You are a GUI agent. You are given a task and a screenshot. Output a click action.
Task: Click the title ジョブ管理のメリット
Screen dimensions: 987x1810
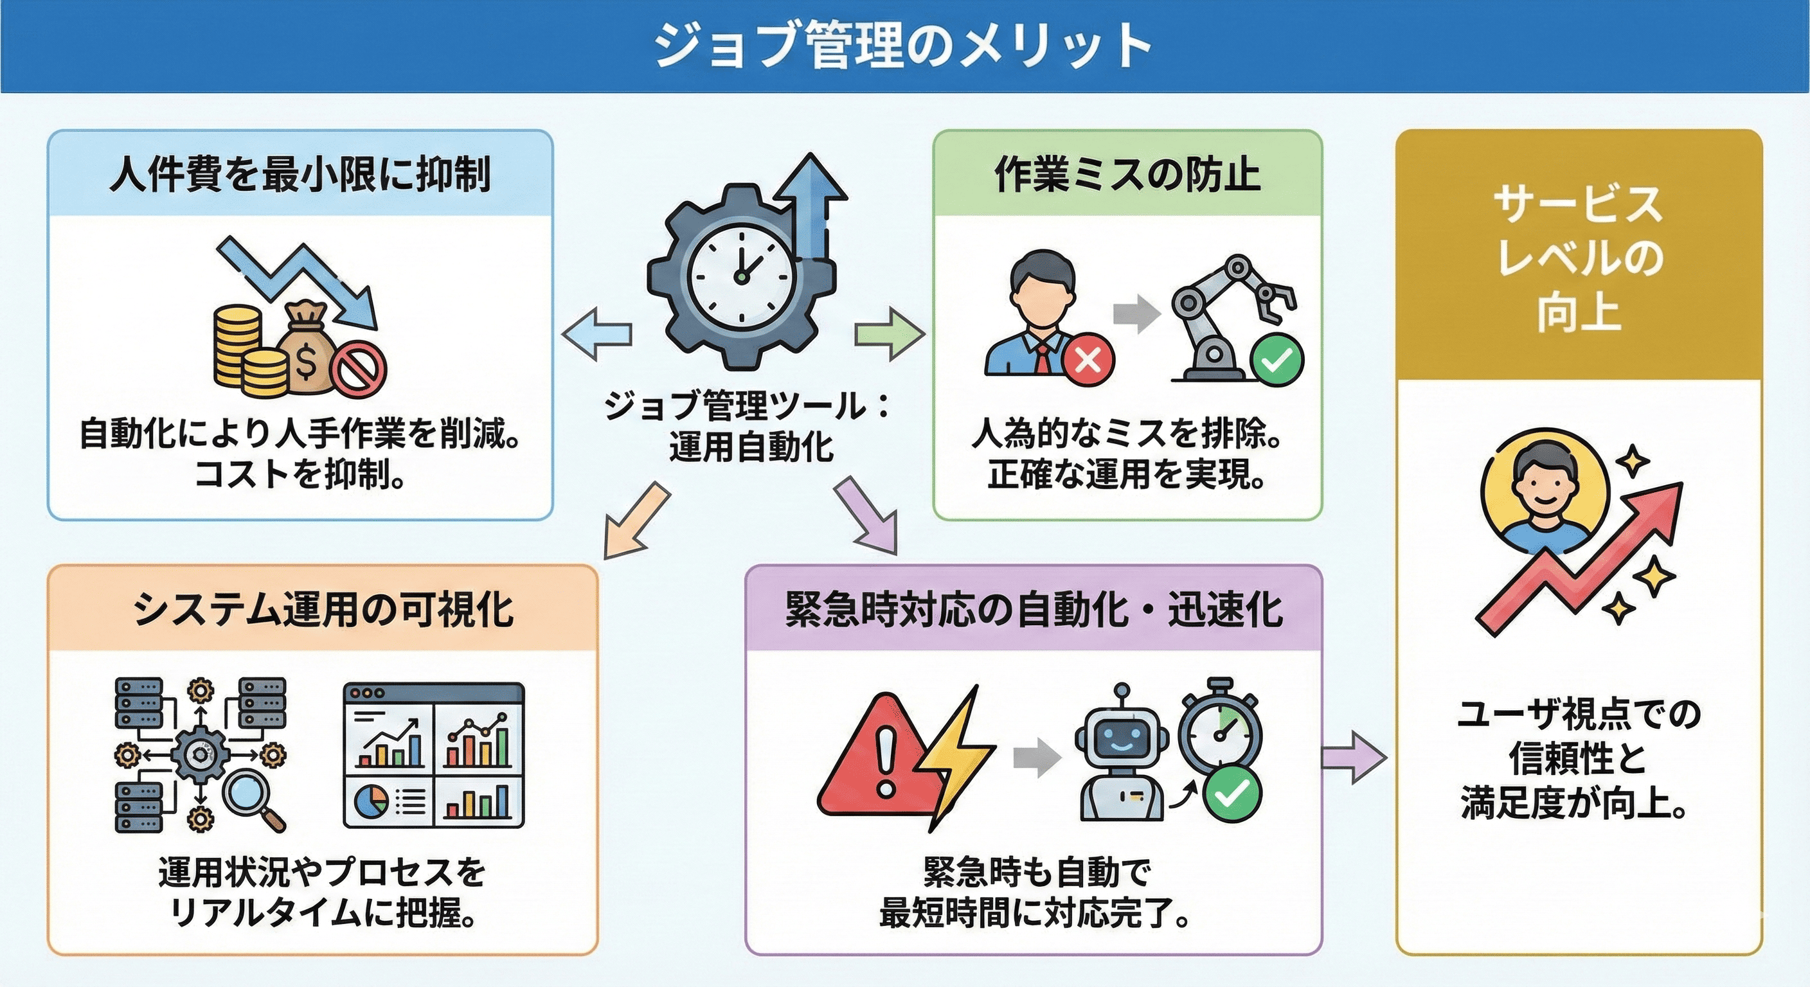coord(904,46)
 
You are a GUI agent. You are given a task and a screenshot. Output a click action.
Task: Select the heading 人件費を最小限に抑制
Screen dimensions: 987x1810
coord(300,174)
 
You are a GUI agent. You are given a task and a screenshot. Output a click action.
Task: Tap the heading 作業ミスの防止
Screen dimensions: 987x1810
coord(1127,174)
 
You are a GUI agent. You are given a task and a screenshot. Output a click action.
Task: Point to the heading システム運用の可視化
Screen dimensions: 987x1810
coord(323,609)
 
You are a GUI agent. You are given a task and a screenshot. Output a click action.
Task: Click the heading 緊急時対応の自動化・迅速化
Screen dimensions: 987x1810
coord(1034,609)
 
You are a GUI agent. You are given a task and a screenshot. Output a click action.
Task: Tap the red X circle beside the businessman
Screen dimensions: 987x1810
coord(1088,360)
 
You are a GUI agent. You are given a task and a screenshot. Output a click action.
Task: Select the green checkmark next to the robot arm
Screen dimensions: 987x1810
coord(1277,360)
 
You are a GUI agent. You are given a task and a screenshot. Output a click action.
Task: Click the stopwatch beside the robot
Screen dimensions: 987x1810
coord(1221,731)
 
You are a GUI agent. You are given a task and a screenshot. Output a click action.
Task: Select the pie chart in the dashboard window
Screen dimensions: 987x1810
coord(371,800)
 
